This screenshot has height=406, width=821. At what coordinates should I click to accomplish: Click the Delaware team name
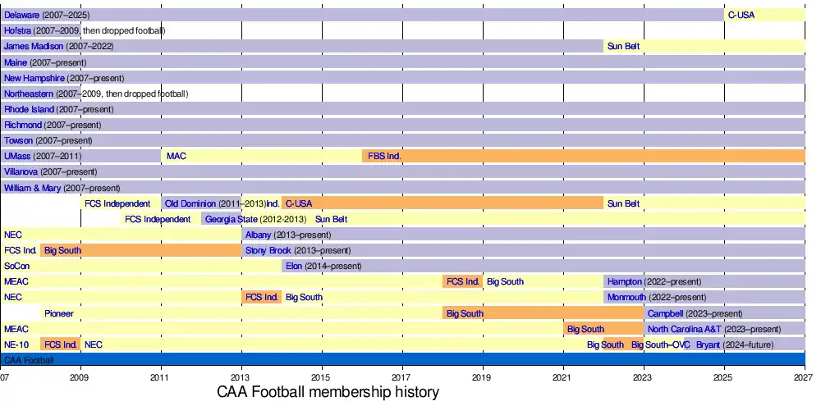point(21,15)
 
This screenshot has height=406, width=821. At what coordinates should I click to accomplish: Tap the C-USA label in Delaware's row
point(741,15)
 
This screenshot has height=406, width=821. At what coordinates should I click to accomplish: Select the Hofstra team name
point(17,30)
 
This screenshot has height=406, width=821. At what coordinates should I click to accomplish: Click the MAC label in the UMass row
point(176,156)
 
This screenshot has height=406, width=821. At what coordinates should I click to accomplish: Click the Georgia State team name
point(231,219)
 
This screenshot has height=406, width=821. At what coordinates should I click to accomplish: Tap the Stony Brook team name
point(268,250)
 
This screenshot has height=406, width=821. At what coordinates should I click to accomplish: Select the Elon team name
point(294,266)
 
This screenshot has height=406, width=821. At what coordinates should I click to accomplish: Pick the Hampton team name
point(624,281)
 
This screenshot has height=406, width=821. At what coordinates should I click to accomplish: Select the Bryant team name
point(708,344)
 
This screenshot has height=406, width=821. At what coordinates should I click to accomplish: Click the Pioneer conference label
point(59,313)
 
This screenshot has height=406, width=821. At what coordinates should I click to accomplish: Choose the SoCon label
point(16,266)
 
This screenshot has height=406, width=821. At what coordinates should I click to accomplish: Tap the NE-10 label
point(16,344)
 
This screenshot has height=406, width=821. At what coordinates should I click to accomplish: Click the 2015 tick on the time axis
point(321,376)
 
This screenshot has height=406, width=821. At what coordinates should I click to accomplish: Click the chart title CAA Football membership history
point(328,393)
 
